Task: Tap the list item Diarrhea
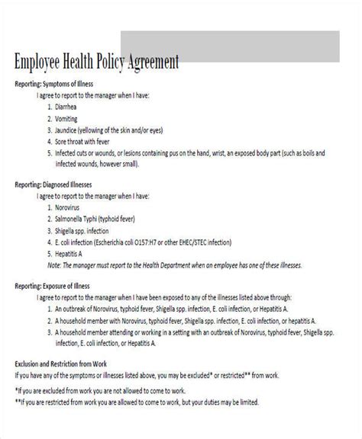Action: pyautogui.click(x=68, y=107)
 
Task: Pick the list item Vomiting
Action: pyautogui.click(x=68, y=119)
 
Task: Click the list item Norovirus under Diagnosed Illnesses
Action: pyautogui.click(x=69, y=207)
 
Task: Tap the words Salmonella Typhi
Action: pyautogui.click(x=82, y=219)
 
